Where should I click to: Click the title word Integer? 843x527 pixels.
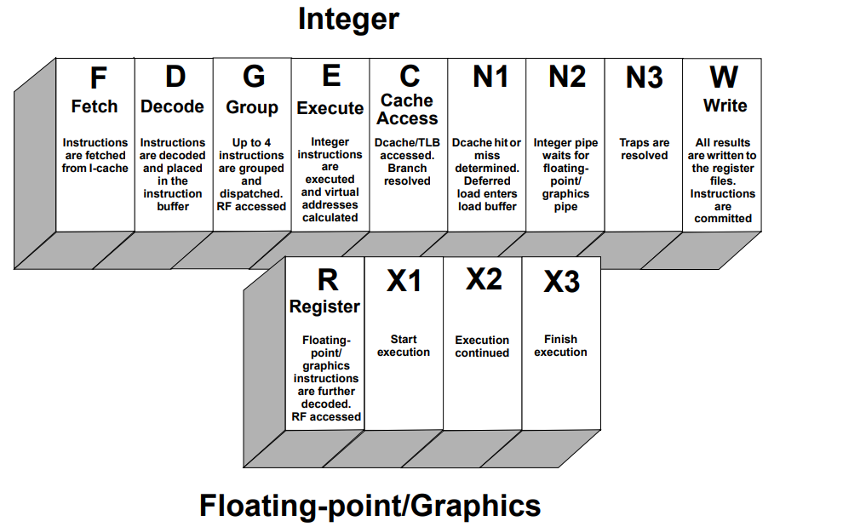(348, 20)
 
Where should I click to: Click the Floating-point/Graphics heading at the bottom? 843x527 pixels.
(370, 506)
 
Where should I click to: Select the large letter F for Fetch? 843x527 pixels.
(98, 78)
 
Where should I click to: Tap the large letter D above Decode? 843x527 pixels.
(175, 77)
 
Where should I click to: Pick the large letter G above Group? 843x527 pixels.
(254, 77)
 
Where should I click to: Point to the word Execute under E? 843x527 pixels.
(330, 108)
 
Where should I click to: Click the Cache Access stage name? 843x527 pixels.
(407, 109)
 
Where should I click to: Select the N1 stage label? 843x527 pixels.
(490, 77)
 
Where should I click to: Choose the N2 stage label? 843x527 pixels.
(567, 77)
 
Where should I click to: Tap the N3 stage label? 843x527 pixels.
(644, 77)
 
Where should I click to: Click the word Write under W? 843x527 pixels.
(725, 106)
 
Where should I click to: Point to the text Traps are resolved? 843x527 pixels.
(644, 149)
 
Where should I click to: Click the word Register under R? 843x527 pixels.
(324, 306)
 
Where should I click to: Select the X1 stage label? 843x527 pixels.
(404, 281)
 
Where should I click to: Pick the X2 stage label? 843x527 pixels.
(484, 279)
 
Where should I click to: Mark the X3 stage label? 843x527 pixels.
(562, 282)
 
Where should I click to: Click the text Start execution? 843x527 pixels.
(404, 346)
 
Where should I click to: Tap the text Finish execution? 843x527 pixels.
(560, 346)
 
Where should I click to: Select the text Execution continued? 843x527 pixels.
(482, 347)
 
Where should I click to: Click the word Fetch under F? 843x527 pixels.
(94, 106)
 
